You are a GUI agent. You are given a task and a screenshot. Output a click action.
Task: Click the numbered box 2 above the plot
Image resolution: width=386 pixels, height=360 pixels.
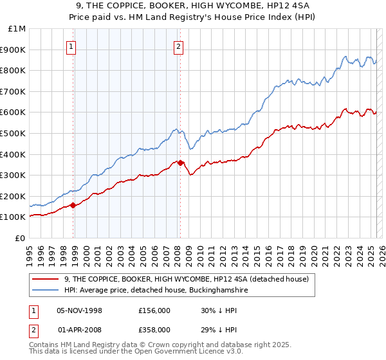178,46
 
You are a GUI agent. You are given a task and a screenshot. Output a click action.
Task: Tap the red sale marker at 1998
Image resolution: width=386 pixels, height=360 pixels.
73,206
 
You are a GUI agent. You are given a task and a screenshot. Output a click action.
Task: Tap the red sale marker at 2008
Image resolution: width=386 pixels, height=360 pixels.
180,163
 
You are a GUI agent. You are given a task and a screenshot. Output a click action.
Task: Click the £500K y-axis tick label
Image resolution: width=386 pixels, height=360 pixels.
14,134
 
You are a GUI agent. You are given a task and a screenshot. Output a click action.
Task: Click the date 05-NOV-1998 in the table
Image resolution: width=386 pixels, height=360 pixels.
80,310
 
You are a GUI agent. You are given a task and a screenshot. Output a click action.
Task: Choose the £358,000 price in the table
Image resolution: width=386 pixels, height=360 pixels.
154,330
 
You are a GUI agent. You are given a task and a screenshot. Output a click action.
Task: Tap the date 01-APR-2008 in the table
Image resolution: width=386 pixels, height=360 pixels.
80,330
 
